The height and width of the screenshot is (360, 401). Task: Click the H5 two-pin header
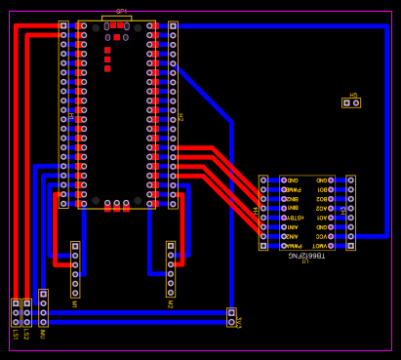(x=351, y=102)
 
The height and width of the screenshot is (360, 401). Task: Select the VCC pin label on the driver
(x=321, y=236)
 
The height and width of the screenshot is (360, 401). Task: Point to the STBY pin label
(x=292, y=218)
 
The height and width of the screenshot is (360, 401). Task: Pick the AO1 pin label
(x=321, y=218)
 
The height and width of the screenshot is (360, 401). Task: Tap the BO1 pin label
(x=321, y=190)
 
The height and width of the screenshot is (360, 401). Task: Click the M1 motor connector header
(x=75, y=269)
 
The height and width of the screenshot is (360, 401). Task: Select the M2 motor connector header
(x=171, y=269)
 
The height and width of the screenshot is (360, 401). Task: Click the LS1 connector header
(x=16, y=312)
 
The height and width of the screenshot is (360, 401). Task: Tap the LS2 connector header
(x=26, y=312)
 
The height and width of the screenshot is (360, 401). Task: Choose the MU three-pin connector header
(x=43, y=307)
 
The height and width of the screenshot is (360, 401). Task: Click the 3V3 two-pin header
(x=231, y=317)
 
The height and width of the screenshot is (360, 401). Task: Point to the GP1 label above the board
(x=121, y=11)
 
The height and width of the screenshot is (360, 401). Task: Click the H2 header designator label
(x=180, y=116)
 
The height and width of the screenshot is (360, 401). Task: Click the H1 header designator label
(x=71, y=115)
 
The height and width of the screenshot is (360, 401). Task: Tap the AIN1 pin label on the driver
(x=292, y=226)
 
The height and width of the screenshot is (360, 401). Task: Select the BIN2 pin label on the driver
(x=291, y=199)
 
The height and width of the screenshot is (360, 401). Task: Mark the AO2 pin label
(x=321, y=208)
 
